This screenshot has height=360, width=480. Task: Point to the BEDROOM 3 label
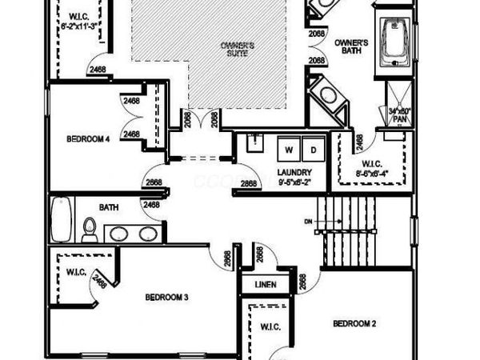[x=166, y=298]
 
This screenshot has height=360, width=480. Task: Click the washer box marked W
[x=290, y=150]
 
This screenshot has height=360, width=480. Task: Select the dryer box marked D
[x=314, y=150]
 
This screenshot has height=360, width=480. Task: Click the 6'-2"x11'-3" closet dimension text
[x=78, y=25]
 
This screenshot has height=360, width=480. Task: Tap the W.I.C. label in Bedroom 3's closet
[x=77, y=271]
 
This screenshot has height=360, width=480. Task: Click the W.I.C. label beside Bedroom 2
[x=269, y=326]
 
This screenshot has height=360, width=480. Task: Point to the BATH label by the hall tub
[x=109, y=207]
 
